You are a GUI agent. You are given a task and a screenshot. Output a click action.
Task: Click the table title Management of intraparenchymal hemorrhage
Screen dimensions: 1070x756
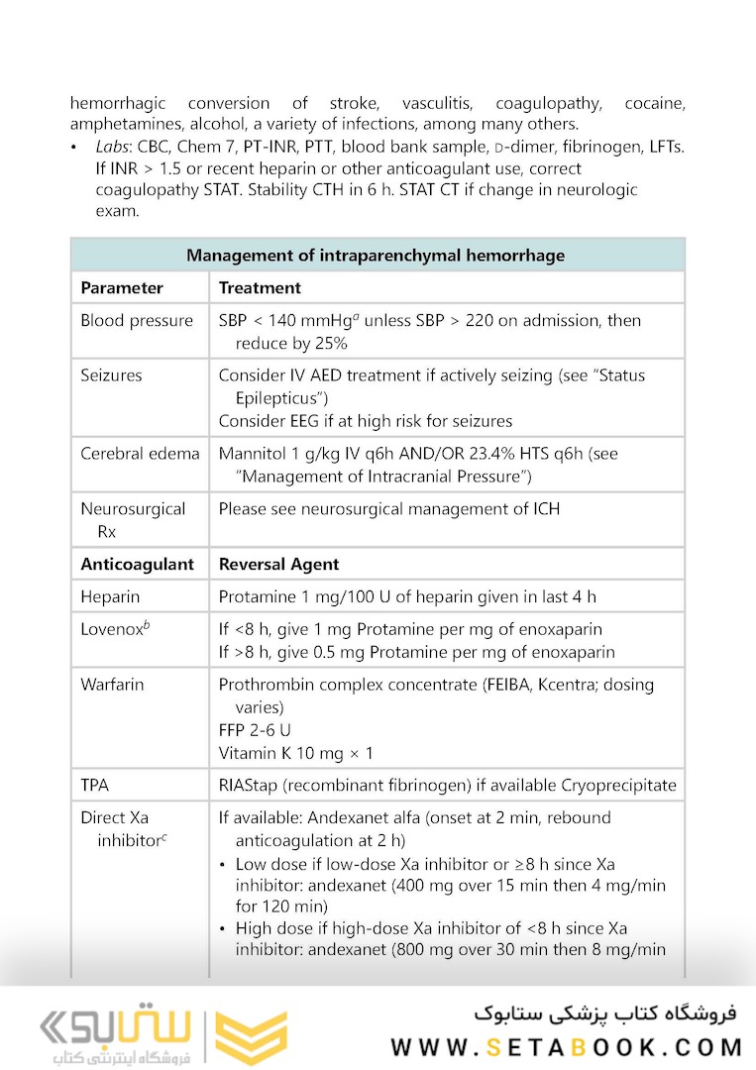(x=376, y=256)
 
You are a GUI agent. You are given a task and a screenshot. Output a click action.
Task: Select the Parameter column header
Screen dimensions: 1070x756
(x=121, y=288)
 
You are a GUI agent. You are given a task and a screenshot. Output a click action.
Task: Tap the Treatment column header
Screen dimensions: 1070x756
(x=260, y=288)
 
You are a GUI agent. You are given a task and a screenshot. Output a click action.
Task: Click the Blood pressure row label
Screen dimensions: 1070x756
(x=137, y=321)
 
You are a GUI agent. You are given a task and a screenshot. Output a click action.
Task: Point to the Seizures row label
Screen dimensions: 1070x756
(x=111, y=375)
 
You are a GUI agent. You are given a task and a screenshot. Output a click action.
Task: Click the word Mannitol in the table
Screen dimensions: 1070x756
(x=252, y=454)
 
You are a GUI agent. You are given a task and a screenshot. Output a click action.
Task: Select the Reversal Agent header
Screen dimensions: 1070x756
(x=278, y=564)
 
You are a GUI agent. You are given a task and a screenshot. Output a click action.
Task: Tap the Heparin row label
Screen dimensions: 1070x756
(x=110, y=596)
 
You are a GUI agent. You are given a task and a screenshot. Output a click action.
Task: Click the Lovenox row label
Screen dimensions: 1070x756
(x=111, y=629)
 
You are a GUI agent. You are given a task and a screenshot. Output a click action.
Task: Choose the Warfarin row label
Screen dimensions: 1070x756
(x=113, y=685)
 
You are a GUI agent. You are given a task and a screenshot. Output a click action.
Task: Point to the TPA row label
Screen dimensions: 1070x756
(x=95, y=785)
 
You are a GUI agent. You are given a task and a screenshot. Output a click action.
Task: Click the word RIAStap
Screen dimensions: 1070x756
(x=251, y=785)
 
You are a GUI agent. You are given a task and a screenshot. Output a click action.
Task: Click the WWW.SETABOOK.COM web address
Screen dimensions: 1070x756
(x=566, y=1046)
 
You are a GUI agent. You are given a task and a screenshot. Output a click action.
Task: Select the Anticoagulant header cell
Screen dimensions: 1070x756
(x=137, y=564)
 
